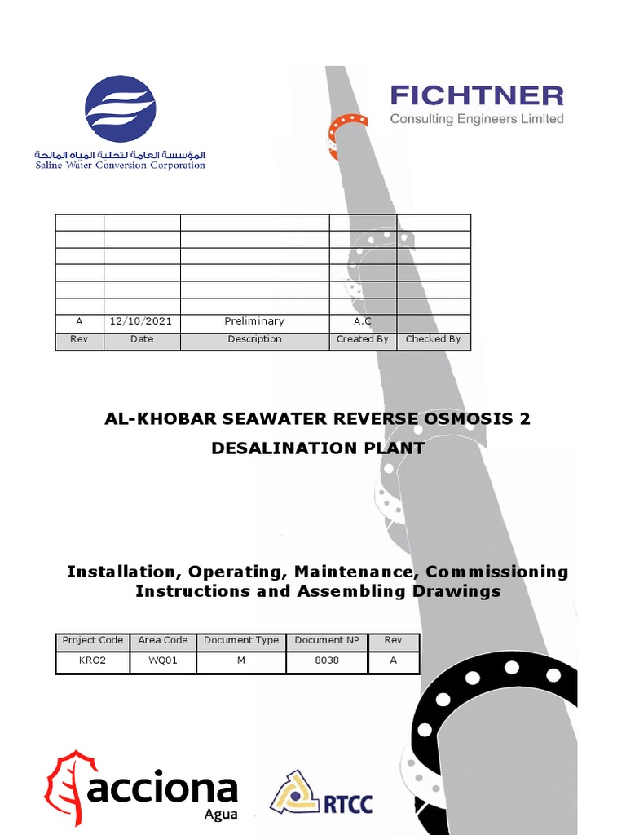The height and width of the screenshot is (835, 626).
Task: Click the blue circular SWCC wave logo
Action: [x=121, y=109]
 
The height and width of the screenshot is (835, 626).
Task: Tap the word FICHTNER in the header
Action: [x=477, y=96]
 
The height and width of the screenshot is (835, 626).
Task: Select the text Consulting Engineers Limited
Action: [x=477, y=119]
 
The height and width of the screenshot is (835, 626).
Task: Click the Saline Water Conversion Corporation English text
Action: [x=120, y=166]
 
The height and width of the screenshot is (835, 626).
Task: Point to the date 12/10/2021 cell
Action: [x=141, y=321]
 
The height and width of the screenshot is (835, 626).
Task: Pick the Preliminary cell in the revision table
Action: [x=254, y=321]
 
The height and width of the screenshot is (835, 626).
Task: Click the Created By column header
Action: [x=362, y=339]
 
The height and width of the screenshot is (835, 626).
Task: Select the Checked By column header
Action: [x=433, y=339]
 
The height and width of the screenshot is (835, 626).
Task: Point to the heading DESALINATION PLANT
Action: [x=318, y=448]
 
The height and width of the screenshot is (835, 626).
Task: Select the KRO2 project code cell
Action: [x=92, y=660]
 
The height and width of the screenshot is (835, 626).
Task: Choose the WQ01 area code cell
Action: [x=163, y=660]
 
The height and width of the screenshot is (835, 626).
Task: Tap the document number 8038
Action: [x=326, y=660]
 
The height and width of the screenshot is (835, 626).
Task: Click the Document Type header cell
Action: [x=241, y=641]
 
